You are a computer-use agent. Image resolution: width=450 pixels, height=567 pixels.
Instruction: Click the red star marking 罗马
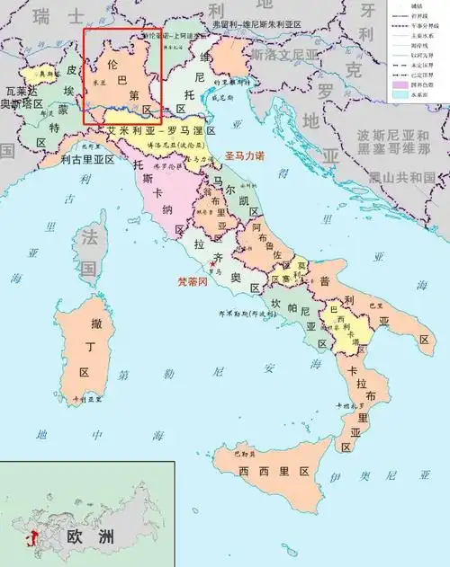coord(212,262)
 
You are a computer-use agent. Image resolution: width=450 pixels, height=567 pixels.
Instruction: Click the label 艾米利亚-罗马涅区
coord(161,130)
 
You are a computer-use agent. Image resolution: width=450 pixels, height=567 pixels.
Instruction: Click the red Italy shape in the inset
coord(34,541)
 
